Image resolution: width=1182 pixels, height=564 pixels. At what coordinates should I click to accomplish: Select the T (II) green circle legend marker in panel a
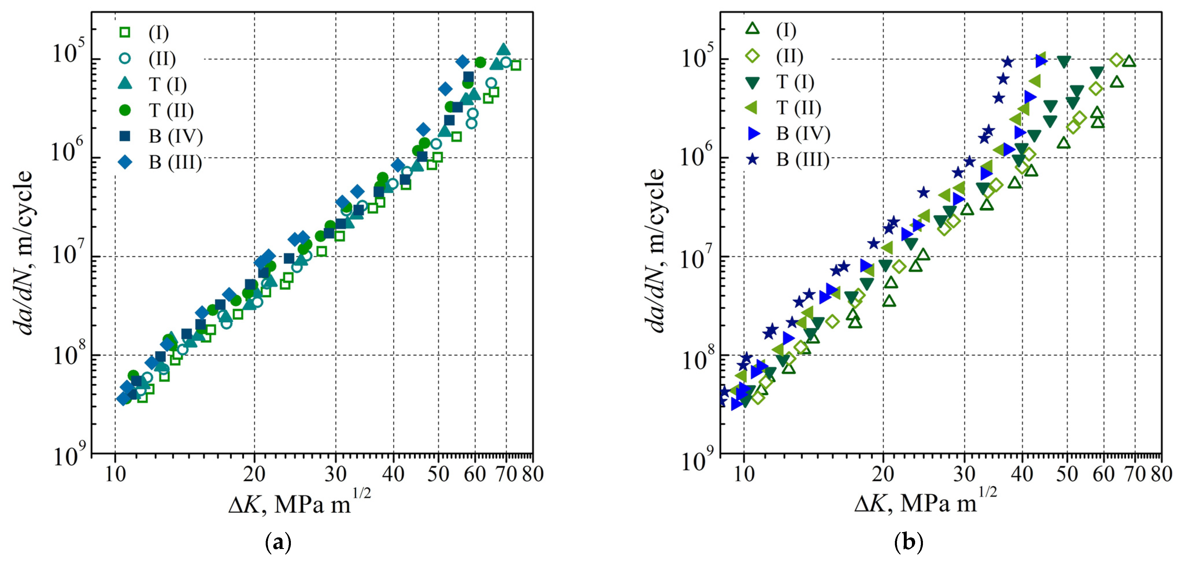[125, 110]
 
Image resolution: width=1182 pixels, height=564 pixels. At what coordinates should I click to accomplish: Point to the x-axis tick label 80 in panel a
[533, 474]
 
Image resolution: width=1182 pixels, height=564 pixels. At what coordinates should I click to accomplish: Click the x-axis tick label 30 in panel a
[335, 474]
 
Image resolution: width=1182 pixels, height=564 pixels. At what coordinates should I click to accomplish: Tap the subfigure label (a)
[278, 542]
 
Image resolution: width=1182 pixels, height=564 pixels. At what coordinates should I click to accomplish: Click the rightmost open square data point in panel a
[516, 65]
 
